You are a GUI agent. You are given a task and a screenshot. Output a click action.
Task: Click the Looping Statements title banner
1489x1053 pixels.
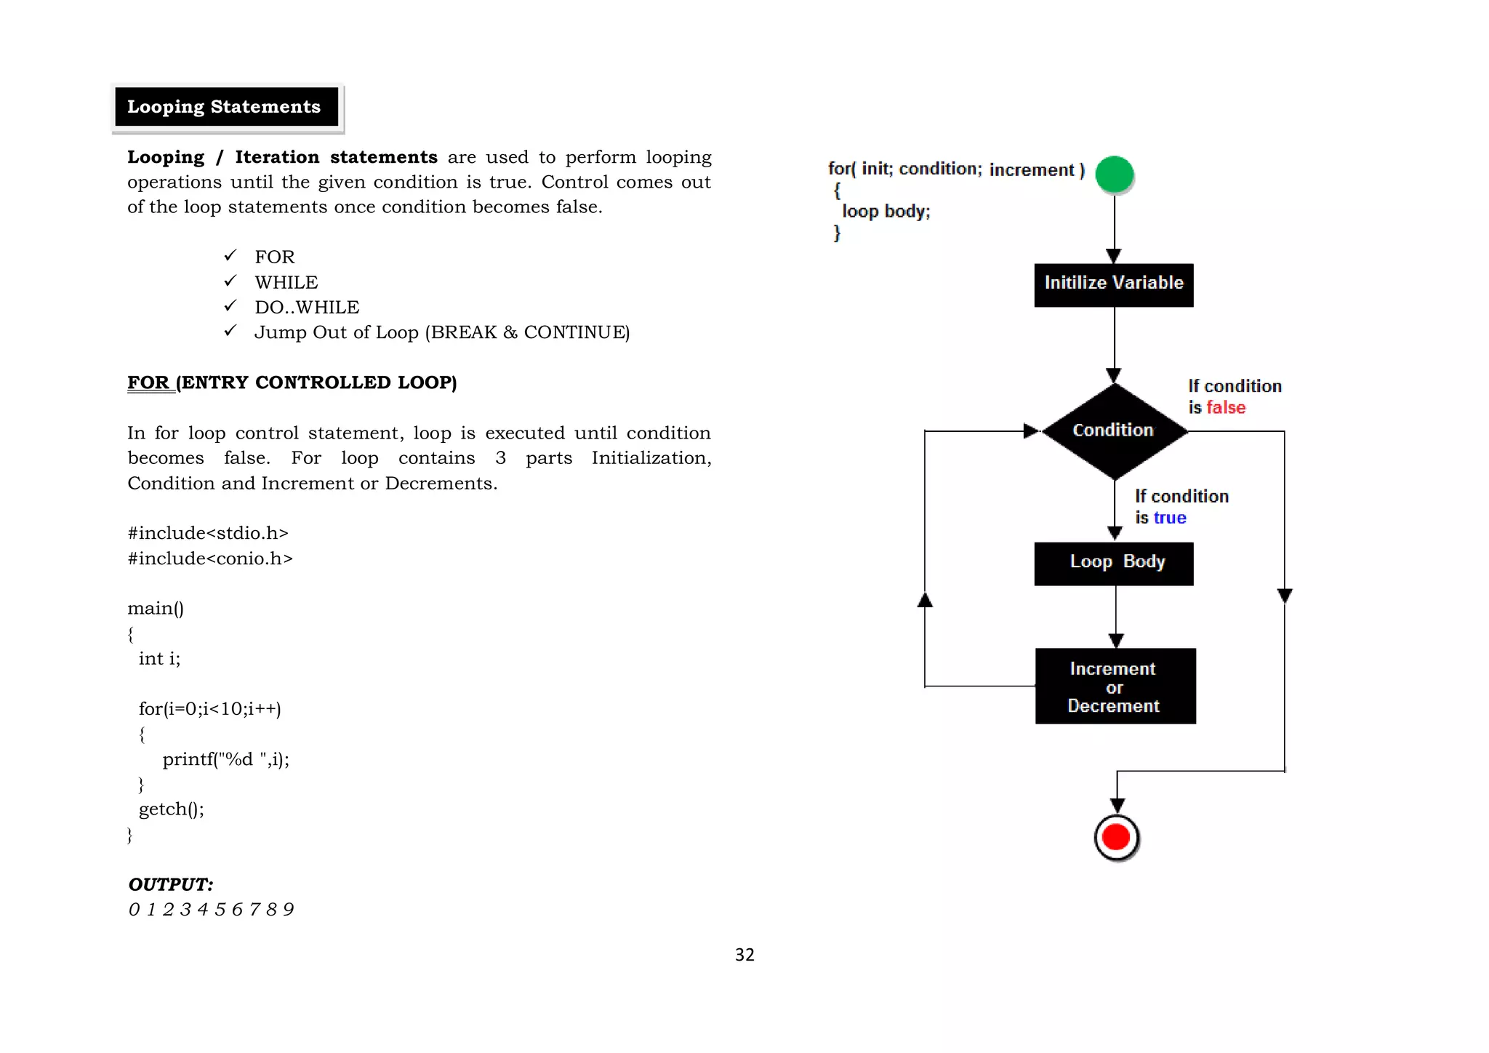pyautogui.click(x=226, y=107)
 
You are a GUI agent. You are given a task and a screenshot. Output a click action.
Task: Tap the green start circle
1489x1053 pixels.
pyautogui.click(x=1114, y=175)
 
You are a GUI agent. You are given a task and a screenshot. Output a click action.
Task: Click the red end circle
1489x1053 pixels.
pyautogui.click(x=1116, y=837)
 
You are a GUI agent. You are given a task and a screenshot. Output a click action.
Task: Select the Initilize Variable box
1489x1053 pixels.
pyautogui.click(x=1113, y=284)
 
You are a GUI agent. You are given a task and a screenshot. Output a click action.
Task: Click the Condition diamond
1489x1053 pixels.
pyautogui.click(x=1113, y=431)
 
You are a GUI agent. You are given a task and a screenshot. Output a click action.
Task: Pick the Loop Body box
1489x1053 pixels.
pyautogui.click(x=1114, y=563)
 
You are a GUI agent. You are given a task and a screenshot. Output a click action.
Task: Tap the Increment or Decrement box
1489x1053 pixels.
pyautogui.click(x=1115, y=686)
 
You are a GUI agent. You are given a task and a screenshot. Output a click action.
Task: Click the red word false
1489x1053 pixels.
pyautogui.click(x=1226, y=408)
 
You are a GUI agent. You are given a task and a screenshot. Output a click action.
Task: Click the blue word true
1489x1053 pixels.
pyautogui.click(x=1170, y=518)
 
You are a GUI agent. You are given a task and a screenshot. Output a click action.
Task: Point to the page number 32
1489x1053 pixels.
pyautogui.click(x=744, y=954)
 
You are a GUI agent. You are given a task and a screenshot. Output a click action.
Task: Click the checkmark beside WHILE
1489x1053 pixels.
pyautogui.click(x=230, y=281)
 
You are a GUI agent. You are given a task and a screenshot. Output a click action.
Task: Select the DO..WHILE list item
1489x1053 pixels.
pyautogui.click(x=307, y=308)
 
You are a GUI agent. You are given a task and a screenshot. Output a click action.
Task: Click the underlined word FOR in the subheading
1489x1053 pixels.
pyautogui.click(x=148, y=383)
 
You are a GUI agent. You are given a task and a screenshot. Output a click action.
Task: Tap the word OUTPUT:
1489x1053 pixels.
pyautogui.click(x=171, y=884)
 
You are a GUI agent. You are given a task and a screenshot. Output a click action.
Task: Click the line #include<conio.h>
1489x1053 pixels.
pyautogui.click(x=210, y=558)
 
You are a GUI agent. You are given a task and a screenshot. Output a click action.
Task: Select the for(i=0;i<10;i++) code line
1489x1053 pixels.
pyautogui.click(x=209, y=708)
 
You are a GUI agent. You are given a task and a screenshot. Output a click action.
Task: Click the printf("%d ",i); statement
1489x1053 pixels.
pyautogui.click(x=225, y=759)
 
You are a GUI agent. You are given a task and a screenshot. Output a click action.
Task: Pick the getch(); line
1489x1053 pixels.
pyautogui.click(x=172, y=809)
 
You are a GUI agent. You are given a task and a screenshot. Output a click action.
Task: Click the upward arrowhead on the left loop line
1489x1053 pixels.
pyautogui.click(x=925, y=600)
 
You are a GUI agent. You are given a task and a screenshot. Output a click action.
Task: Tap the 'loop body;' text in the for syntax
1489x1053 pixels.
pyautogui.click(x=886, y=212)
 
